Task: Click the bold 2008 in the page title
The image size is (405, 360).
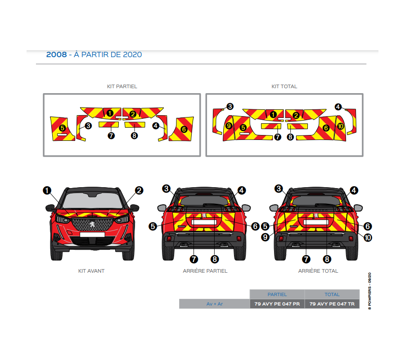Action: click(x=56, y=55)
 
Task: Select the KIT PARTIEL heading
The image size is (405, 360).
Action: click(x=122, y=86)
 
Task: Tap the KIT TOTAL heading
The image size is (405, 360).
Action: click(x=284, y=86)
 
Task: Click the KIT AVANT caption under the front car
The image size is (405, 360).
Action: click(x=91, y=271)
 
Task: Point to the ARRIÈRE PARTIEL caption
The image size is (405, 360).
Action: click(x=205, y=271)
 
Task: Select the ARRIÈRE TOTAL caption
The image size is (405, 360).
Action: click(x=318, y=271)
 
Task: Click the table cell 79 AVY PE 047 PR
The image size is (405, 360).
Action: click(x=277, y=304)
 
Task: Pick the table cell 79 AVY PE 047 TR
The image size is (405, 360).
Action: click(x=332, y=304)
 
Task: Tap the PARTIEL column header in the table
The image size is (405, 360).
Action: click(x=277, y=294)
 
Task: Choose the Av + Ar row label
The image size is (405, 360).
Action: click(x=214, y=304)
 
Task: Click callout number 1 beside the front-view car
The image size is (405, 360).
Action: click(x=47, y=190)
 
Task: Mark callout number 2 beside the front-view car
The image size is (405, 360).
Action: click(x=139, y=190)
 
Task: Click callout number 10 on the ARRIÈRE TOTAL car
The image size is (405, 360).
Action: click(x=368, y=237)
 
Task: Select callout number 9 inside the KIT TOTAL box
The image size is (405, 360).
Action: click(x=229, y=126)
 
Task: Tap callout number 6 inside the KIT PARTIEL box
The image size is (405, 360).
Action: click(x=184, y=129)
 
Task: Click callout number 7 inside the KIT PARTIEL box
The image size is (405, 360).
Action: click(x=111, y=135)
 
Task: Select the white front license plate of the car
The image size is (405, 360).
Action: click(x=92, y=234)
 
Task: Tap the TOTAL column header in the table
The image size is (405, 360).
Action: click(x=332, y=294)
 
